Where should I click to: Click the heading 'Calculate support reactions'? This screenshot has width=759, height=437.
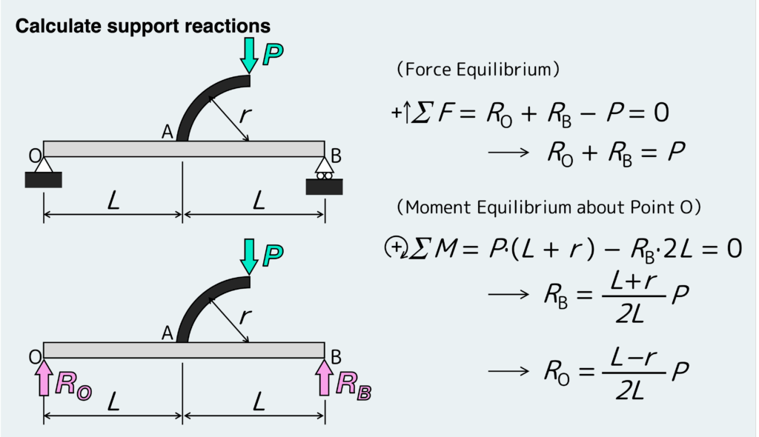click(143, 26)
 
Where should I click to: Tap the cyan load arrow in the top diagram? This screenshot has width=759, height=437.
click(249, 54)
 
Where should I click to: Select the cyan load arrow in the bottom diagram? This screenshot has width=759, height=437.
click(249, 255)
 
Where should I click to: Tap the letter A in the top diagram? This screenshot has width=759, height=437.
click(168, 132)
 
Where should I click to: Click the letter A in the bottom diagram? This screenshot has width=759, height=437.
click(168, 334)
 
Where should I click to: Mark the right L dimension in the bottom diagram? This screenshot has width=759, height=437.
click(258, 402)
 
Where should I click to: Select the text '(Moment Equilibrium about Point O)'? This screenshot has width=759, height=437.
click(548, 207)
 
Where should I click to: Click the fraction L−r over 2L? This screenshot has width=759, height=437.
click(629, 373)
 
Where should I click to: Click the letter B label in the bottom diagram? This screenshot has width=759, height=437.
click(336, 358)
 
